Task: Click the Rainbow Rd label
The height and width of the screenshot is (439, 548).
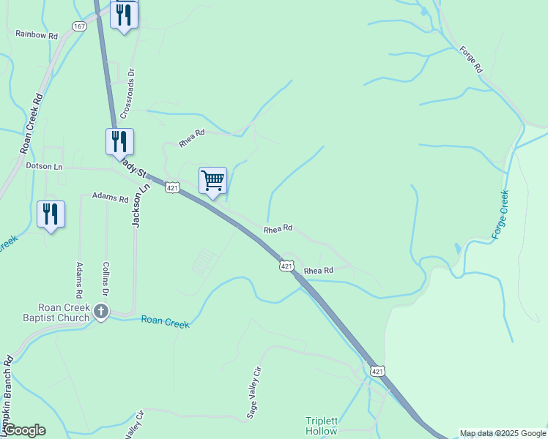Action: click(x=37, y=34)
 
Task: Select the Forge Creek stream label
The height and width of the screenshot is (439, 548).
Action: click(x=500, y=214)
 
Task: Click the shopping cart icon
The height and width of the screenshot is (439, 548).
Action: click(x=212, y=179)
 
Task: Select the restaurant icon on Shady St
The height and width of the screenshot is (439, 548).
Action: click(x=119, y=140)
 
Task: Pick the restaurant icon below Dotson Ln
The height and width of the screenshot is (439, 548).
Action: click(x=51, y=214)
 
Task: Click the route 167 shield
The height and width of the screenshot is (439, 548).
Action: click(x=79, y=26)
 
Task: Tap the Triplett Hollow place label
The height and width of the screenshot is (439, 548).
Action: click(x=322, y=426)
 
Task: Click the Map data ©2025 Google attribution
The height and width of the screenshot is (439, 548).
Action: click(x=503, y=433)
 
